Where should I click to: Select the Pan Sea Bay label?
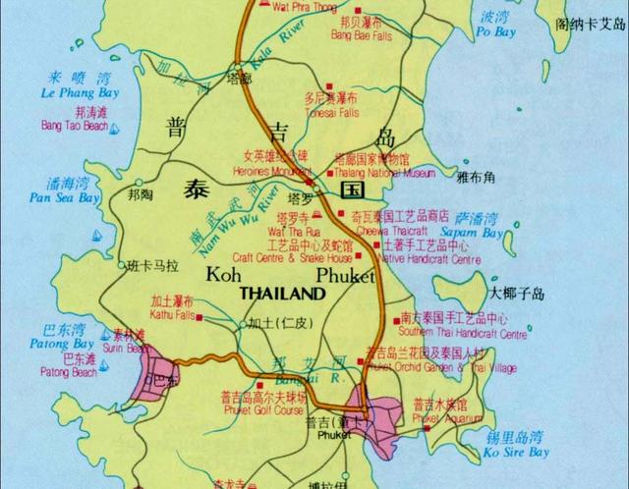[64, 197]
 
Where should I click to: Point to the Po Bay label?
[494, 32]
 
